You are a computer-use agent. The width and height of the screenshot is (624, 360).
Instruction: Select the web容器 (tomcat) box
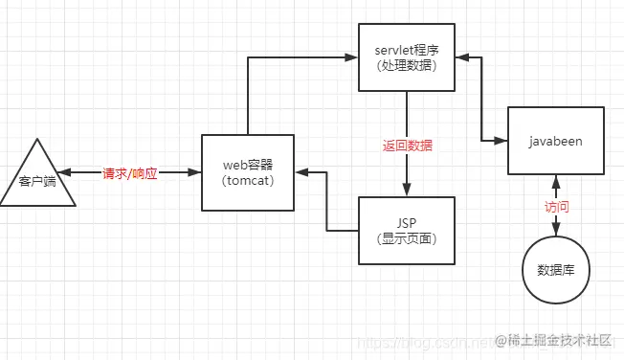[x=247, y=172]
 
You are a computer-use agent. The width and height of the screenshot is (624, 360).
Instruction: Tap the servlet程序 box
[x=406, y=57]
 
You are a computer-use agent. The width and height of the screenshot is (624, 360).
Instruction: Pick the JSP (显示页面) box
[x=407, y=229]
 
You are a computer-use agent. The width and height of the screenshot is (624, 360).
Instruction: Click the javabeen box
[x=555, y=141]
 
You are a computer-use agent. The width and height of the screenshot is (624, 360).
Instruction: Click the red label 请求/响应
[x=130, y=173]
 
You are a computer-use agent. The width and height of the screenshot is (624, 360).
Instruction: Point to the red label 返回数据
[x=407, y=146]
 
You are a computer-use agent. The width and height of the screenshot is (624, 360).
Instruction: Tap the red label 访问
[x=556, y=205]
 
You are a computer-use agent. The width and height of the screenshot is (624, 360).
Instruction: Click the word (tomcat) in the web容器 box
[x=247, y=181]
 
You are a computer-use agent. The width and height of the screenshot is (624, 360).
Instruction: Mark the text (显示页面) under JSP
[x=407, y=237]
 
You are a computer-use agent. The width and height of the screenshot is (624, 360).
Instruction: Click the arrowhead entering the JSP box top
[x=407, y=191]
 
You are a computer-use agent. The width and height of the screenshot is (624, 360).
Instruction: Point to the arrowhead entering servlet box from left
[x=353, y=58]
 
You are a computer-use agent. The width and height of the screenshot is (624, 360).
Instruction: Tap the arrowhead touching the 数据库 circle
[x=556, y=231]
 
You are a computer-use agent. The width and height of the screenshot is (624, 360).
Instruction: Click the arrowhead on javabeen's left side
[x=501, y=142]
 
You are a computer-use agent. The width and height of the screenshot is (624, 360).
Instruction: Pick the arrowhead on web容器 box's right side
[x=300, y=173]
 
